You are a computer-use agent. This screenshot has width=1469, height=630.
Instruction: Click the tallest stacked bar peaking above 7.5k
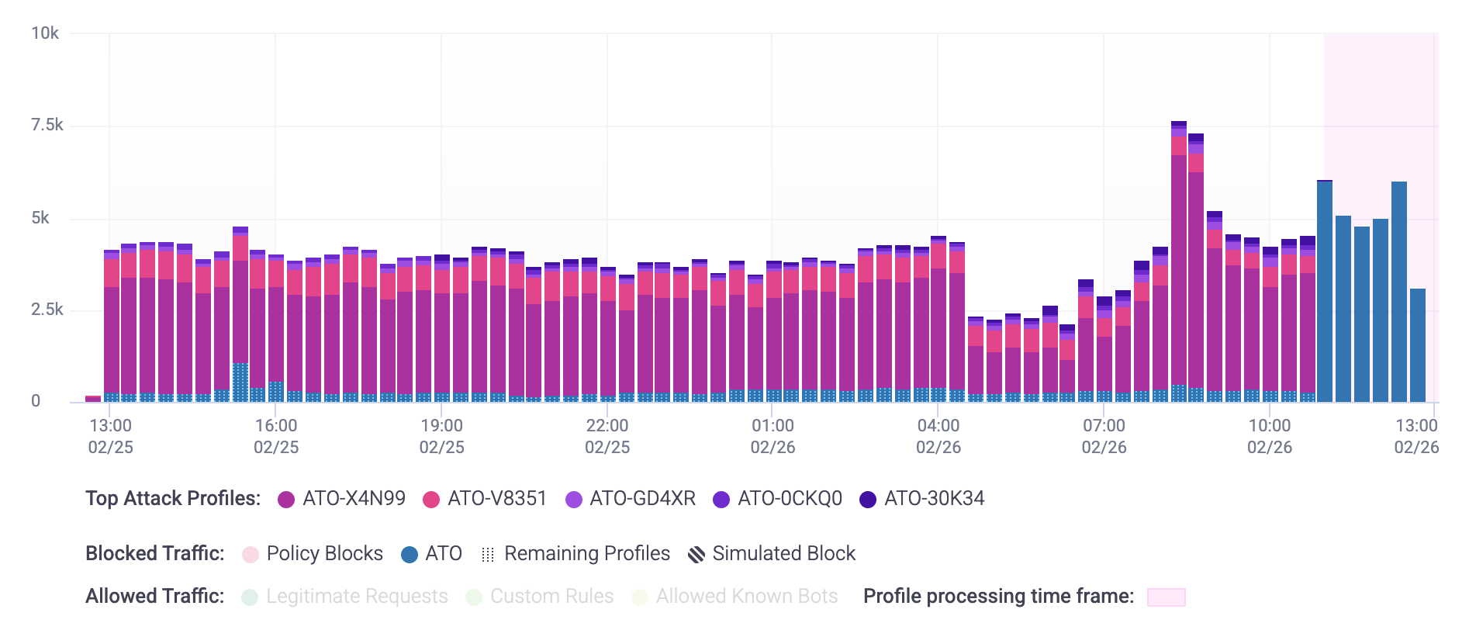[x=1178, y=264]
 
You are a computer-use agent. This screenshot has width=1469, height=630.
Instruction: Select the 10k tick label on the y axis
[x=45, y=33]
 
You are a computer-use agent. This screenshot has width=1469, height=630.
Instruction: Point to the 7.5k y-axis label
[x=47, y=125]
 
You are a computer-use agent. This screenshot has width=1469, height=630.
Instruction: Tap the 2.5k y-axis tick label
[x=47, y=310]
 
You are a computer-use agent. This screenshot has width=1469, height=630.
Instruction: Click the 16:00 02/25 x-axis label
[x=276, y=436]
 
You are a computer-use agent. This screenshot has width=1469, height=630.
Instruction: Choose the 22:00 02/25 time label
[x=607, y=436]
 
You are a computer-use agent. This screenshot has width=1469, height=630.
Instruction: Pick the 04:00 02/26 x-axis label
[x=938, y=436]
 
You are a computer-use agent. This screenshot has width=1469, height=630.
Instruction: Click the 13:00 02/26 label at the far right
[x=1416, y=436]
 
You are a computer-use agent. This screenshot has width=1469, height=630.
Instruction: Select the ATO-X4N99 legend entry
[x=342, y=499]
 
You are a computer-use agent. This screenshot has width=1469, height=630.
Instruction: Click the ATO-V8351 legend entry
[x=486, y=499]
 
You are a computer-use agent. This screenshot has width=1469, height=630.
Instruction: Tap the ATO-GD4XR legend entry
[x=631, y=499]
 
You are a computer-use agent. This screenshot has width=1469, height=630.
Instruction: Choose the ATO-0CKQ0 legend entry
[x=778, y=499]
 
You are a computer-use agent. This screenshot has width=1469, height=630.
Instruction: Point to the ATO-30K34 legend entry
[x=922, y=499]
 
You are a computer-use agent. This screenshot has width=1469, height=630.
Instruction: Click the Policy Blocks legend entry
[x=313, y=554]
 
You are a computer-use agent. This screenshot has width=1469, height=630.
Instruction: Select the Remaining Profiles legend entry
[x=576, y=554]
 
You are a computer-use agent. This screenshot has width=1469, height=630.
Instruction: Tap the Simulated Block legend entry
[x=773, y=554]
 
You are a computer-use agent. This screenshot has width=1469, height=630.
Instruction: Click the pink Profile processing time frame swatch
[x=1166, y=597]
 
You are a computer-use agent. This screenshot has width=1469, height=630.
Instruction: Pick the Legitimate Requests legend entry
[x=345, y=597]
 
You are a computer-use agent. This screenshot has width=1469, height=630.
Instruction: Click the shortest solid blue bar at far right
[x=1417, y=345]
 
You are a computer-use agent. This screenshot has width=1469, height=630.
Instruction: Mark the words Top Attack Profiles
[x=173, y=499]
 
